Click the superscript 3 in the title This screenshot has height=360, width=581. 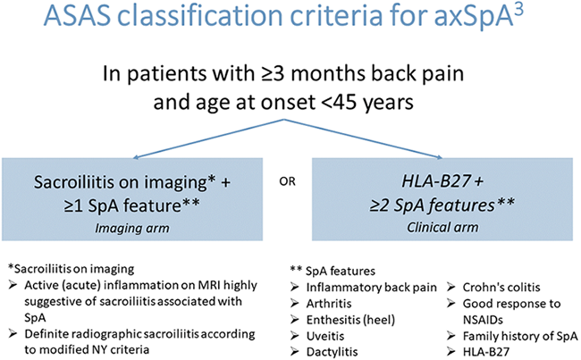pos(518,11)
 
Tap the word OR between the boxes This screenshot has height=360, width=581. pos(288,181)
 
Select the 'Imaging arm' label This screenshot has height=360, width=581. pos(132,228)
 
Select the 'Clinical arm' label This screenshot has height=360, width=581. pos(442,228)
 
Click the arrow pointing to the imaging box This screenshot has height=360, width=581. pos(208,138)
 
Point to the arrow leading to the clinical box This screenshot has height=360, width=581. pos(363,138)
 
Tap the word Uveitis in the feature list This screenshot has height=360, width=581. pos(325,336)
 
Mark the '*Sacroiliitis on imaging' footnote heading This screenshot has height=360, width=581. pos(71,269)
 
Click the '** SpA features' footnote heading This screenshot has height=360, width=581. pos(333,271)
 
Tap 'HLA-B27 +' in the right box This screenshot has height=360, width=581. pos(442,181)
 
